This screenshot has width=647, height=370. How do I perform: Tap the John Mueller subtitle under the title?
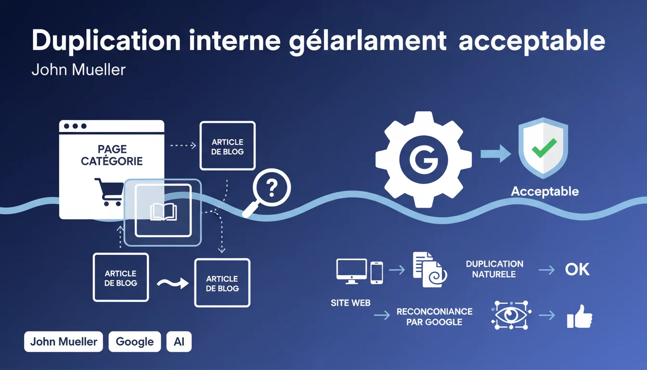78,69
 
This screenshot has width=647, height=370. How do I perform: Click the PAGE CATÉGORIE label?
112,155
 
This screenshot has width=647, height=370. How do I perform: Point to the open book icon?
163,211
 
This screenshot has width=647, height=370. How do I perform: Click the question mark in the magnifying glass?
272,187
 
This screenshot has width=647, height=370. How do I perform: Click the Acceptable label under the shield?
544,191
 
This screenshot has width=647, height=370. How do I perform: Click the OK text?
577,269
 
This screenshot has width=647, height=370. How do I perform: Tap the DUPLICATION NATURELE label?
494,269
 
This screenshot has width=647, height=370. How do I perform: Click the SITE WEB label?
350,303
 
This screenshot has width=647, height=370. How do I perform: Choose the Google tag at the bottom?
135,342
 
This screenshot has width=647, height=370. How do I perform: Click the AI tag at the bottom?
179,342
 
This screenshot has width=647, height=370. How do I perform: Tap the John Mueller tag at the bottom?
64,342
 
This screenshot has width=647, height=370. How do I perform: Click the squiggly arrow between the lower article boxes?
172,283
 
